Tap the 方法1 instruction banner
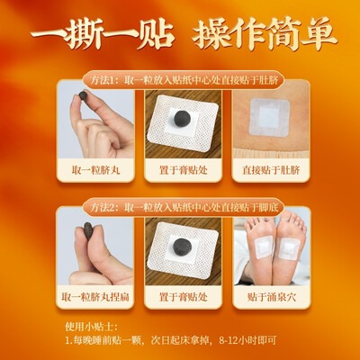point(184,80)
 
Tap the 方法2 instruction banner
point(184,207)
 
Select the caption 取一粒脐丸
point(95,170)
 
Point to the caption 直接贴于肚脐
point(271,170)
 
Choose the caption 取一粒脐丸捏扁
point(95,297)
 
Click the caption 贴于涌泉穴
point(272,297)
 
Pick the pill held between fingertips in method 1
point(83,95)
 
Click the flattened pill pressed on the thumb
point(88,230)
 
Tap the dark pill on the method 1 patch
point(182,119)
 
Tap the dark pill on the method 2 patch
point(182,247)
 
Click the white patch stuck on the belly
point(269,117)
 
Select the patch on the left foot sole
point(264,247)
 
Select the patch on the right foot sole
point(289,249)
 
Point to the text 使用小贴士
point(92,327)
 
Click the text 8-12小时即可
point(247,340)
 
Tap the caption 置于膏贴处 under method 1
point(184,170)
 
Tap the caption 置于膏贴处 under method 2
point(184,297)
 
